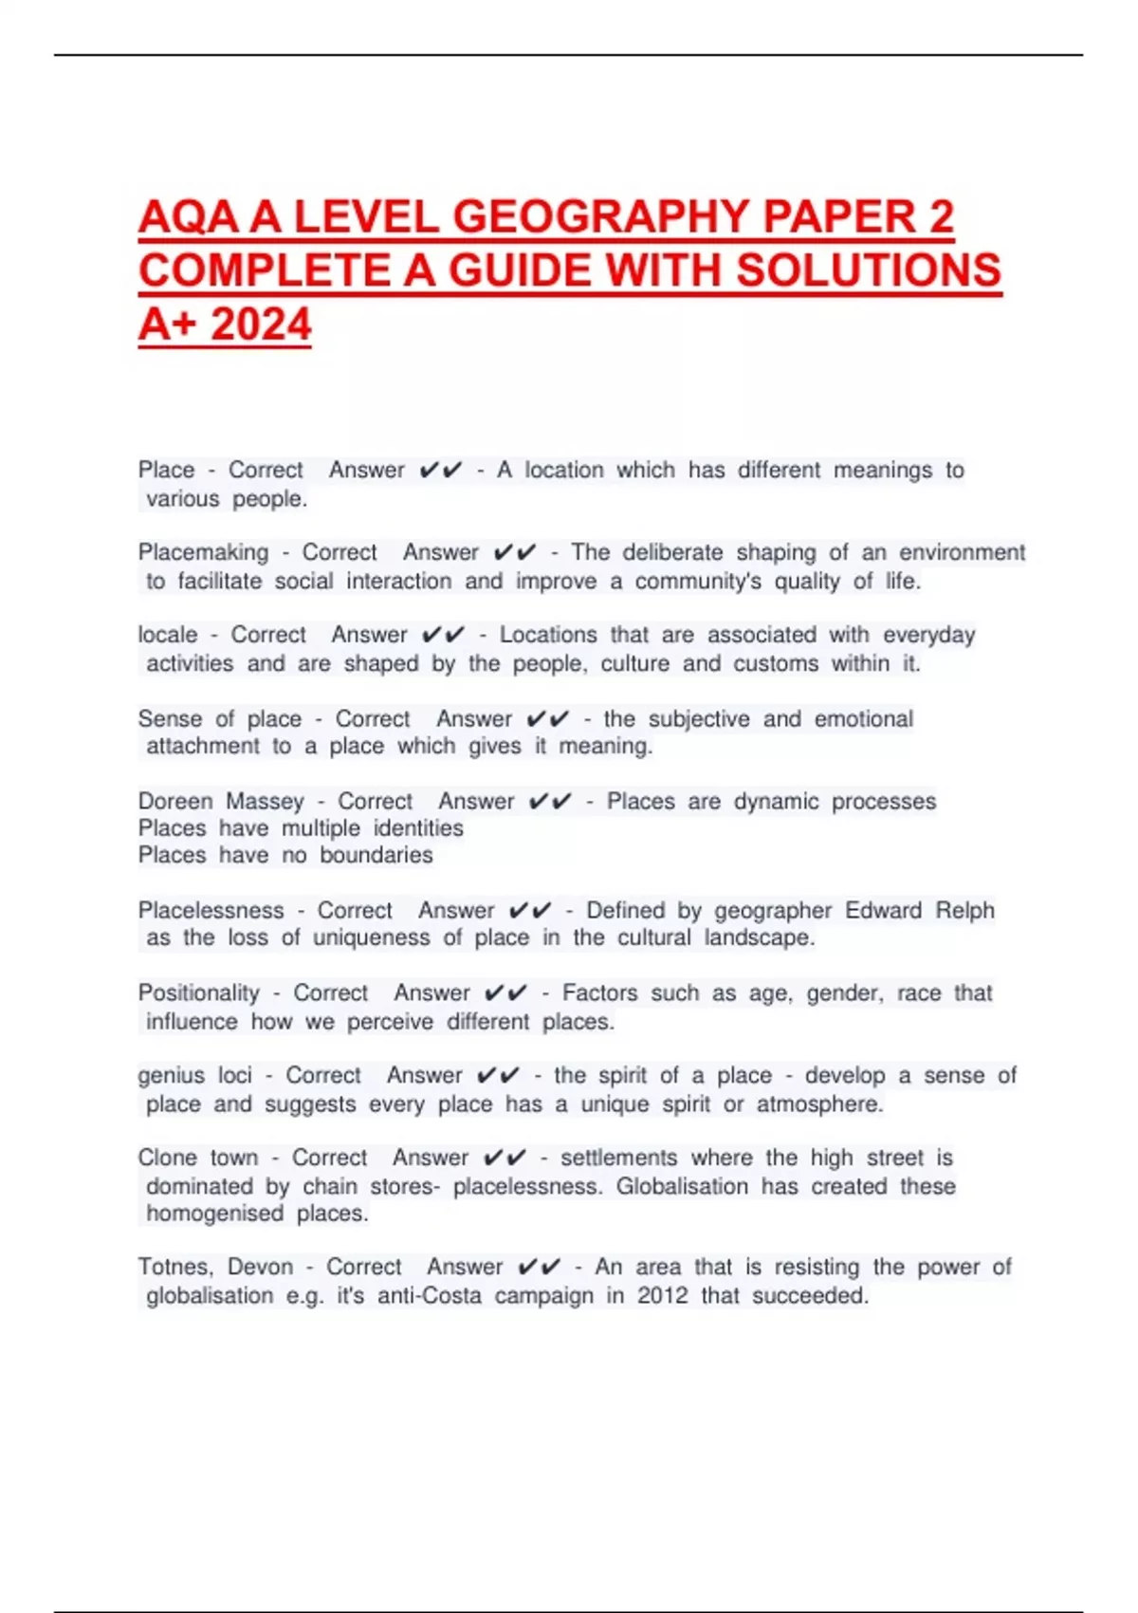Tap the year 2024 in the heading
[x=261, y=324]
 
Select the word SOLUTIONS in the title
[x=868, y=270]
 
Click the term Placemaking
[x=203, y=552]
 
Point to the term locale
[x=167, y=635]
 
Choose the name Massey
[x=265, y=802]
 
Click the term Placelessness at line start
[x=211, y=911]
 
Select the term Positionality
[x=198, y=993]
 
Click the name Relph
[x=964, y=911]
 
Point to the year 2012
[x=662, y=1296]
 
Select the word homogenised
[x=214, y=1214]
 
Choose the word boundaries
[x=376, y=856]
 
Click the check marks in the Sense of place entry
[x=547, y=719]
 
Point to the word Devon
[x=261, y=1268]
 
